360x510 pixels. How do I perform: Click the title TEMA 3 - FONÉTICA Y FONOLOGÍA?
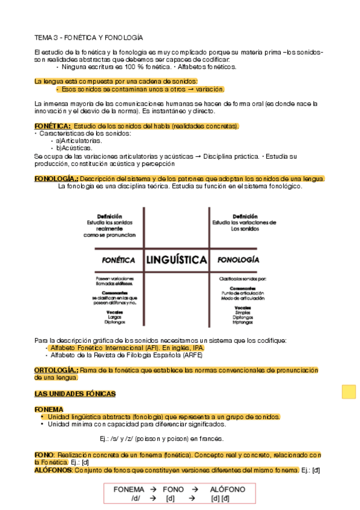pyautogui.click(x=88, y=37)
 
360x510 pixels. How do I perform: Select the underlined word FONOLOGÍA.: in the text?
pyautogui.click(x=56, y=179)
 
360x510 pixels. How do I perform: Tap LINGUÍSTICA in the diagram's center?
pyautogui.click(x=176, y=260)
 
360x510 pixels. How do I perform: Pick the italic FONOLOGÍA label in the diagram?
pyautogui.click(x=238, y=260)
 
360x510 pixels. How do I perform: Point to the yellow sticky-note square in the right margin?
pyautogui.click(x=349, y=392)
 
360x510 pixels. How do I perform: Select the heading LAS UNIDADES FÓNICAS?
pyautogui.click(x=75, y=394)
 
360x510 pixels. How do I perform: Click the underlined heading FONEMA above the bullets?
pyautogui.click(x=49, y=409)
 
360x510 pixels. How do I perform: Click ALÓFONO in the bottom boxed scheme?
pyautogui.click(x=228, y=490)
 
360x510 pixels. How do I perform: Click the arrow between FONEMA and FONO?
pyautogui.click(x=154, y=490)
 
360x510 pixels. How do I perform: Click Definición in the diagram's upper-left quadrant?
pyautogui.click(x=109, y=217)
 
